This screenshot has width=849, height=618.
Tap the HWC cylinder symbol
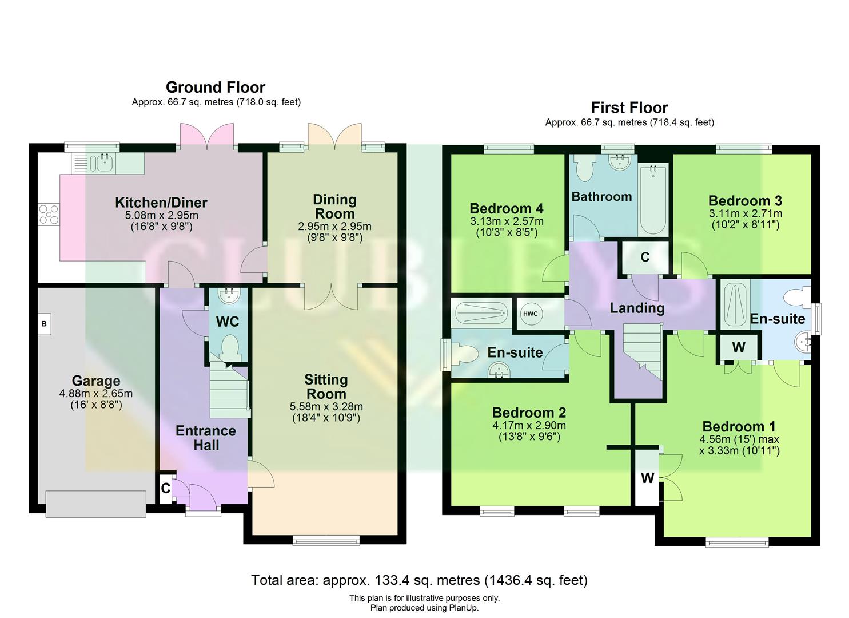pyautogui.click(x=530, y=314)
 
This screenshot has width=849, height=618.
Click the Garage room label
pyautogui.click(x=96, y=381)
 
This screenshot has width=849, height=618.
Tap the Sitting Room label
pyautogui.click(x=326, y=387)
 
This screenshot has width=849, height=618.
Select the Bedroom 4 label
pyautogui.click(x=506, y=208)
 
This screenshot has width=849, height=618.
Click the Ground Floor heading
pyautogui.click(x=216, y=88)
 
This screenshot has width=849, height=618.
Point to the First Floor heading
pyautogui.click(x=629, y=108)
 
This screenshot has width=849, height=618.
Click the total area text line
pyautogui.click(x=419, y=580)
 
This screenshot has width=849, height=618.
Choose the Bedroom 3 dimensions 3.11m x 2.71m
pyautogui.click(x=745, y=213)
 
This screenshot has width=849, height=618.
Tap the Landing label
pyautogui.click(x=637, y=308)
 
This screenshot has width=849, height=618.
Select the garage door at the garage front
pyautogui.click(x=95, y=504)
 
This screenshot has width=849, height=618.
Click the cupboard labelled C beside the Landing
pyautogui.click(x=645, y=257)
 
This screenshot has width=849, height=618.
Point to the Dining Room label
pyautogui.click(x=334, y=207)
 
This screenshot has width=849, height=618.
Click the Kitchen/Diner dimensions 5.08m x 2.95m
pyautogui.click(x=162, y=216)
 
